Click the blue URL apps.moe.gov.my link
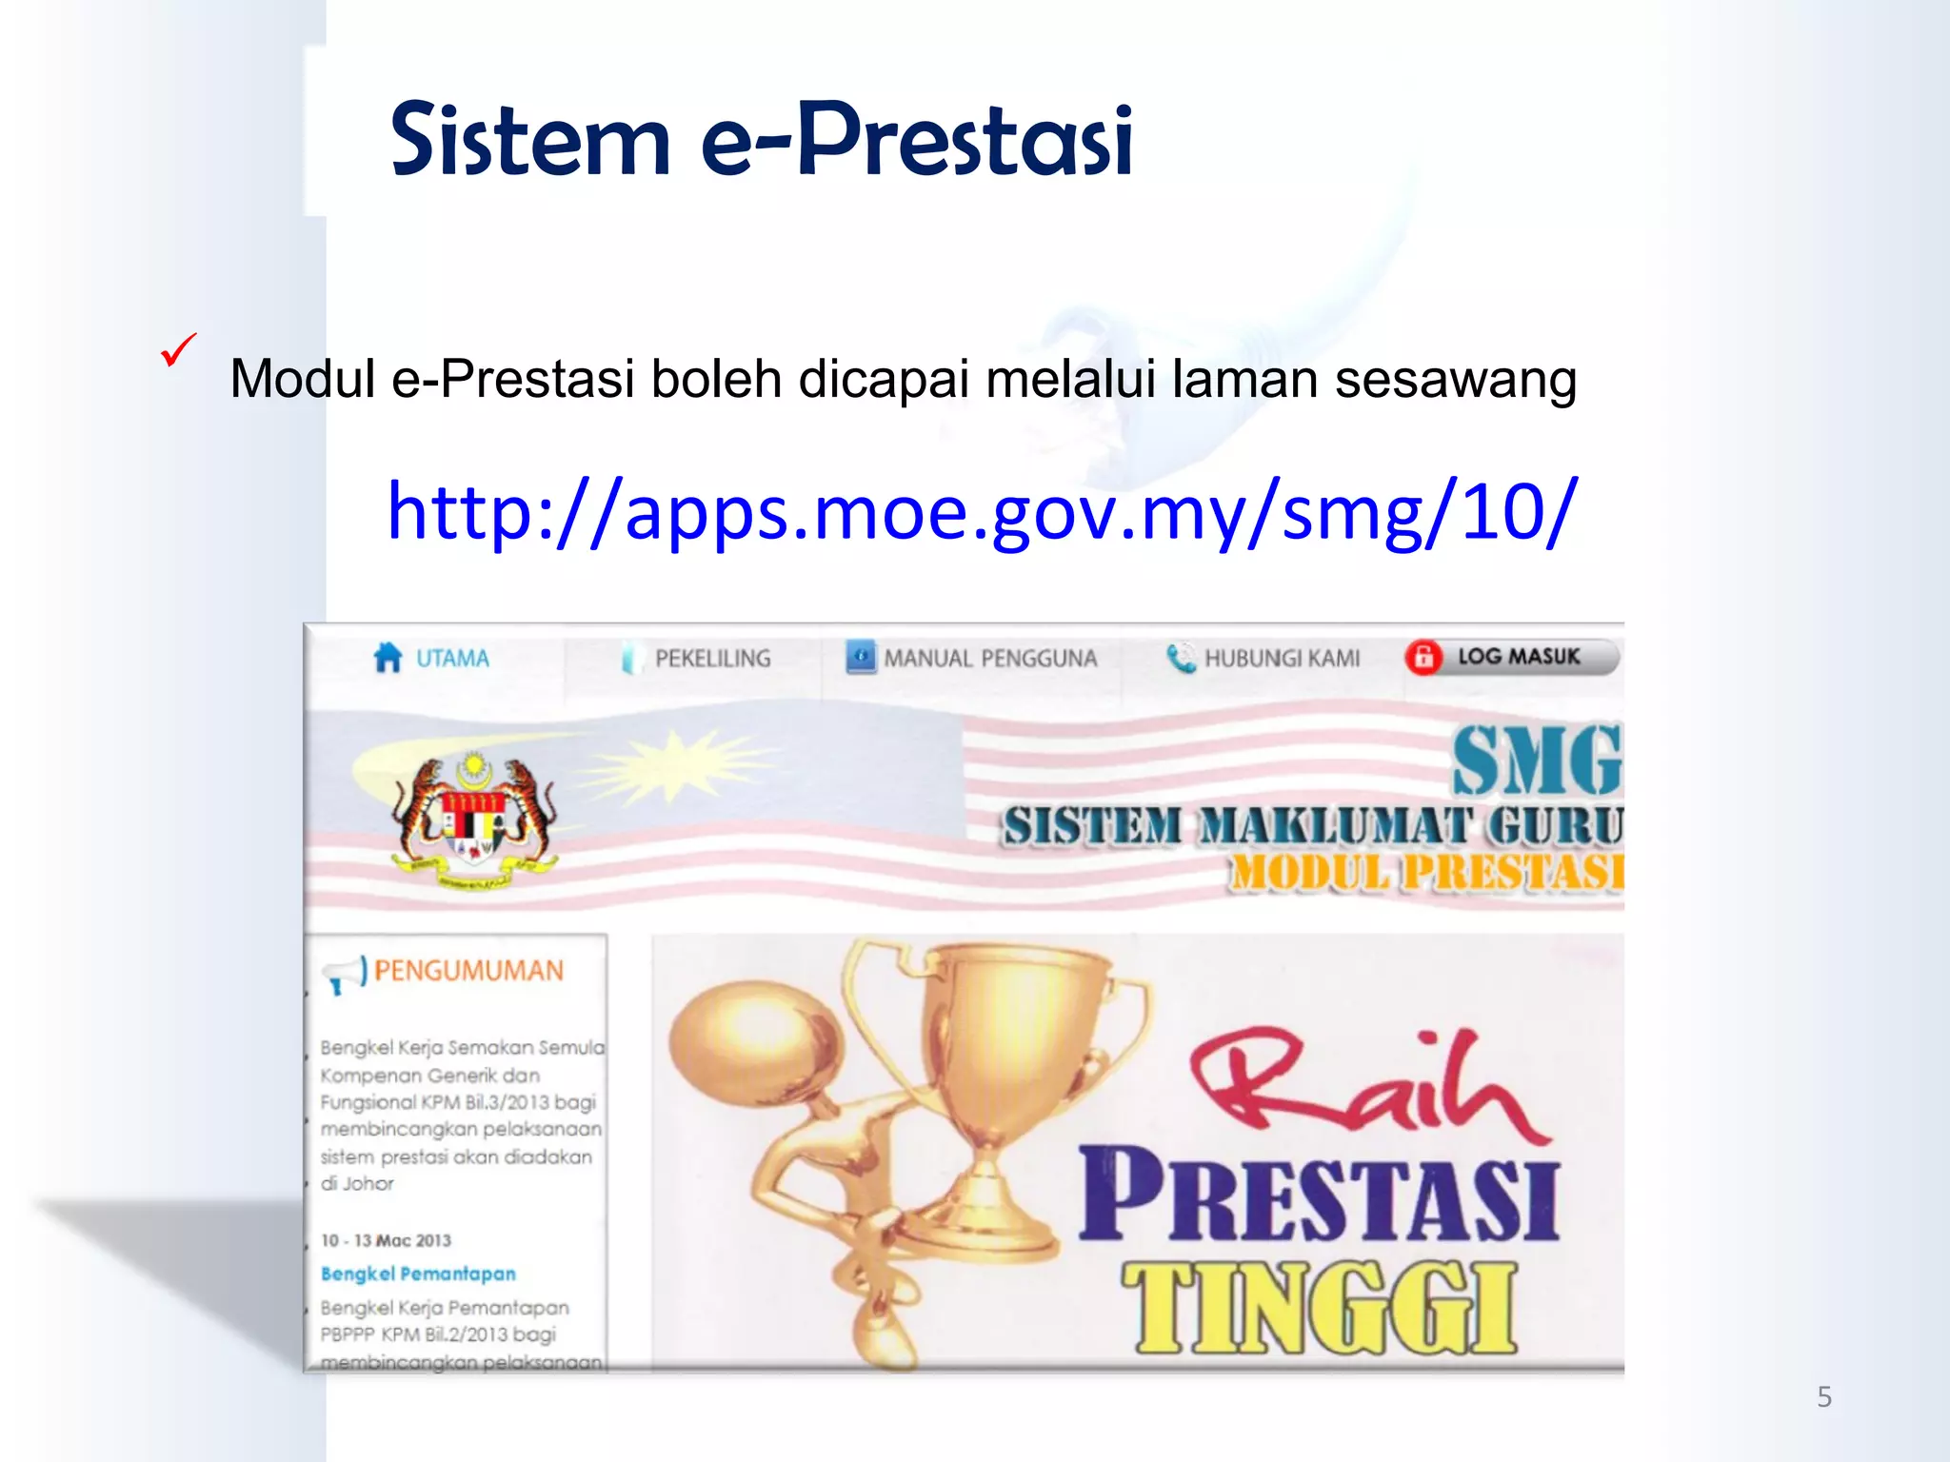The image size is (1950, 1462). [x=981, y=512]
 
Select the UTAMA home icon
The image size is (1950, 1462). [x=388, y=658]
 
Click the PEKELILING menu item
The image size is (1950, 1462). [x=712, y=659]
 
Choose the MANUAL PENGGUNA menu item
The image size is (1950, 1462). [x=990, y=659]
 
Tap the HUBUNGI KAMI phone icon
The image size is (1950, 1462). [x=1181, y=658]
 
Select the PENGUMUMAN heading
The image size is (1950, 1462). [x=468, y=971]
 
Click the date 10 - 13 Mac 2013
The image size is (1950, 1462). [x=386, y=1240]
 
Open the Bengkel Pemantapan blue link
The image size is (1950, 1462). [x=418, y=1274]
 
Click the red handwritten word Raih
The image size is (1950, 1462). [x=1362, y=1085]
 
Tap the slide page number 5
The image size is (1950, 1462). [x=1824, y=1397]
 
